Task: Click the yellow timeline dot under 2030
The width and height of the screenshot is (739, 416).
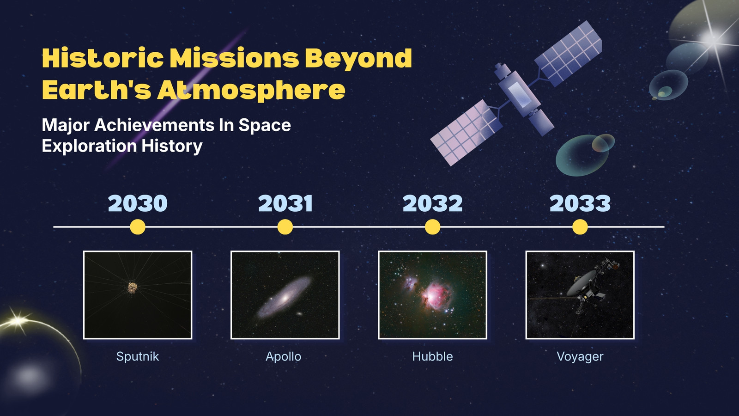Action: tap(138, 227)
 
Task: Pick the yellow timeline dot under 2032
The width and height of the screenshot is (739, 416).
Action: tap(432, 227)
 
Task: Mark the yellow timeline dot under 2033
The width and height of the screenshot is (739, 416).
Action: tap(580, 227)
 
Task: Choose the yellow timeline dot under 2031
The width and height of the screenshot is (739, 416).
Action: tap(285, 227)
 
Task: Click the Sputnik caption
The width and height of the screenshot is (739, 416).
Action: tap(138, 356)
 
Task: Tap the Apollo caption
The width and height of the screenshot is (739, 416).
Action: tap(284, 356)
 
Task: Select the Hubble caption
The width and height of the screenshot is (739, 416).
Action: tap(432, 356)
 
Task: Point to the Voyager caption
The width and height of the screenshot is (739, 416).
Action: tap(580, 357)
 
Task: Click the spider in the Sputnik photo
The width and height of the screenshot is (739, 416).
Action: tap(133, 288)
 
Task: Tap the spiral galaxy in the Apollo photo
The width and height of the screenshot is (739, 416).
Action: tap(284, 297)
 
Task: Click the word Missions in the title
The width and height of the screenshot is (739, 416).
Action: tap(234, 58)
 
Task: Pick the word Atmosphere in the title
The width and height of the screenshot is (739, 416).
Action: tap(251, 90)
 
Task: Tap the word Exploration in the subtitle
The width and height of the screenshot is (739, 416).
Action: tap(90, 146)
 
